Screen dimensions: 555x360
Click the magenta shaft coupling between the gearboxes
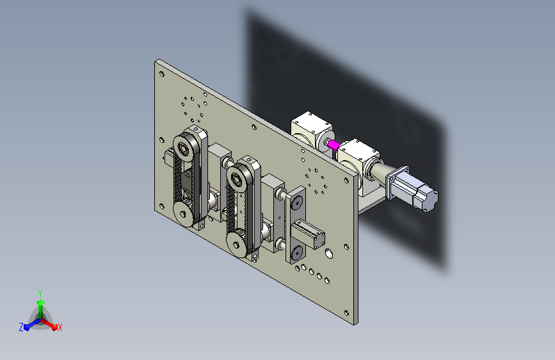point(333,145)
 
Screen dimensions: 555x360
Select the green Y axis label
point(40,293)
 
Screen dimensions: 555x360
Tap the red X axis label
point(60,327)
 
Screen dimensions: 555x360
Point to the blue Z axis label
point(21,327)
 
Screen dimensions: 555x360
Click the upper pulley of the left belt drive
point(184,148)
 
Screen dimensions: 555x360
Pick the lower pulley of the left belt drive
point(182,214)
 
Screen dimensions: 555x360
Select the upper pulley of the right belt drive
point(236,179)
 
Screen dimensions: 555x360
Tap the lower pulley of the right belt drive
point(236,245)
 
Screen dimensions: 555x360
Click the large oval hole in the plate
point(329,254)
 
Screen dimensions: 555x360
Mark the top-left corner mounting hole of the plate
point(162,74)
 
